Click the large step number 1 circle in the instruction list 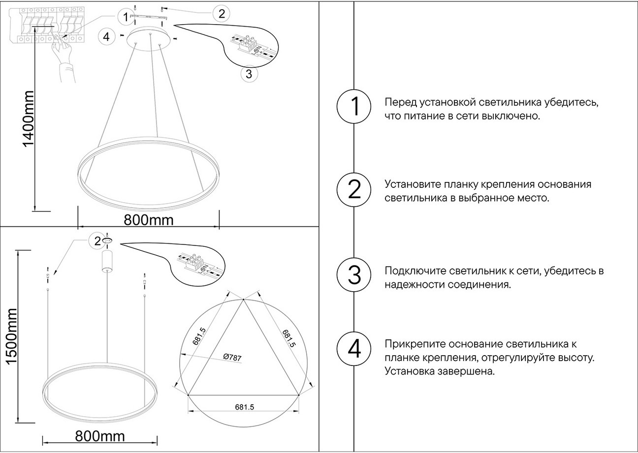pyautogui.click(x=354, y=107)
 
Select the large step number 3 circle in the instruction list pyautogui.click(x=354, y=274)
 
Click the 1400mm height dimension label pyautogui.click(x=28, y=119)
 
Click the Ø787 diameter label pyautogui.click(x=232, y=358)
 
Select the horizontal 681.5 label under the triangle pyautogui.click(x=244, y=407)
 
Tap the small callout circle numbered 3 pyautogui.click(x=249, y=74)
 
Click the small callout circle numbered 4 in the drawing pyautogui.click(x=106, y=36)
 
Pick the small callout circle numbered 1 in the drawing pyautogui.click(x=126, y=17)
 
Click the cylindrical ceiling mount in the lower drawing pyautogui.click(x=107, y=261)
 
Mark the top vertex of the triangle pyautogui.click(x=243, y=299)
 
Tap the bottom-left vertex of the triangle pyautogui.click(x=189, y=394)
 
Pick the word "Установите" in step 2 pyautogui.click(x=412, y=184)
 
